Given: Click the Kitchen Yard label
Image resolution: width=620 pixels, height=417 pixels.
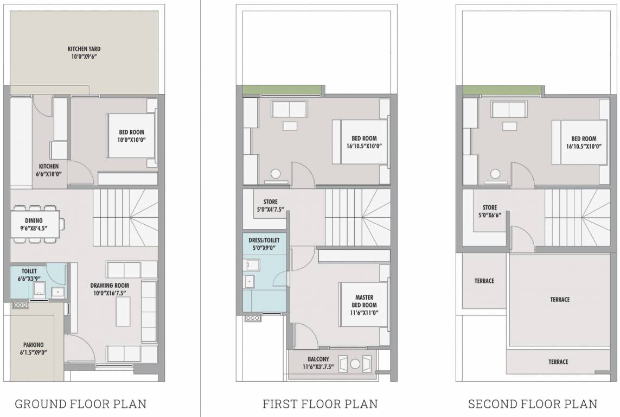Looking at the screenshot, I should [x=84, y=48].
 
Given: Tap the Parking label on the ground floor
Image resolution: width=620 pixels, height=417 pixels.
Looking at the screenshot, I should [x=33, y=345].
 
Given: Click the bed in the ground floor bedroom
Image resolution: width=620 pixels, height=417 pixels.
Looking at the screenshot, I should [x=131, y=135].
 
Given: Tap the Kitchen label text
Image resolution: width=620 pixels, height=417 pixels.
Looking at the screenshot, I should [x=48, y=166].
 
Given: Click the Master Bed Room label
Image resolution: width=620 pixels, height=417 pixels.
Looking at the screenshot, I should [x=363, y=301].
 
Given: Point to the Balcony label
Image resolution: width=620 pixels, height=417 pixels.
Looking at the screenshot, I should [x=317, y=359].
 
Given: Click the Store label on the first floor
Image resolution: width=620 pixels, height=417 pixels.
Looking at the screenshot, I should [x=270, y=202].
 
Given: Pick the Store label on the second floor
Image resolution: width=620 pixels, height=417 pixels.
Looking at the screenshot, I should [x=489, y=207].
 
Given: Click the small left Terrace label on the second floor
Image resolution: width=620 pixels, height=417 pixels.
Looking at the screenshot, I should [x=484, y=281].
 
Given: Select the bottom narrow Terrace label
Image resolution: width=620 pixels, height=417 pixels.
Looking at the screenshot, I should [x=558, y=362].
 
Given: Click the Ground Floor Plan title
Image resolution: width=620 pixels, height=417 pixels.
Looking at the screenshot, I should [x=80, y=404].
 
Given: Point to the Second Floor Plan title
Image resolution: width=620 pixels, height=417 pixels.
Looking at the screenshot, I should [x=533, y=404].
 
